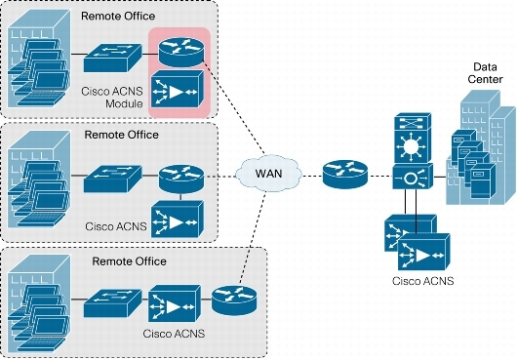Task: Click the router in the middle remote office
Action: pyautogui.click(x=178, y=177)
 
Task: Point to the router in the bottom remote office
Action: pyautogui.click(x=232, y=299)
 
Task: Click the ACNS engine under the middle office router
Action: pyautogui.click(x=178, y=216)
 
